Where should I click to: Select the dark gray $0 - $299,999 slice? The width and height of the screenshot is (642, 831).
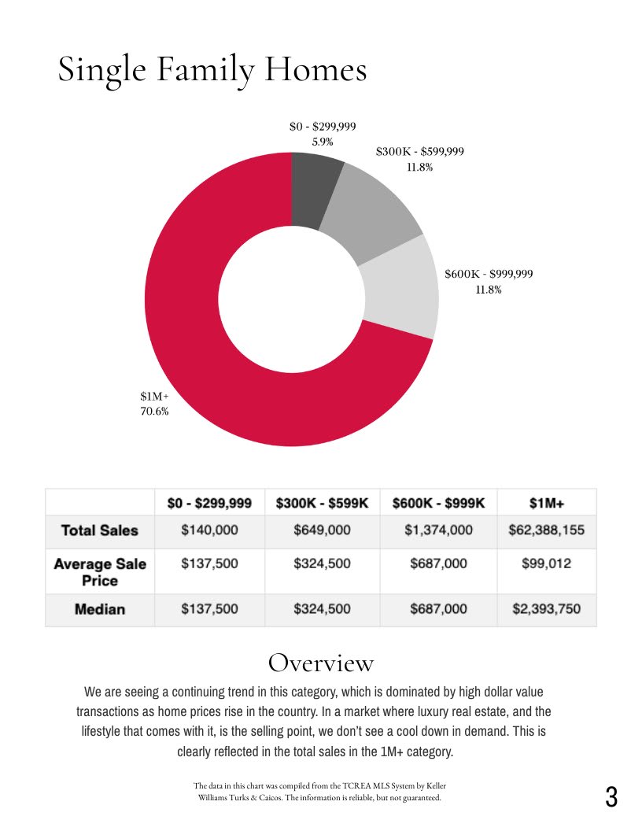[314, 189]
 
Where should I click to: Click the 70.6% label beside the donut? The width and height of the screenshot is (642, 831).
[154, 411]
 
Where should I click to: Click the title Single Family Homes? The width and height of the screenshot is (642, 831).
[212, 70]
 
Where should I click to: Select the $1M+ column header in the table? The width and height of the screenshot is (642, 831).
[547, 503]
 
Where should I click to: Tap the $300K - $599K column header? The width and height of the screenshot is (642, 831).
[322, 503]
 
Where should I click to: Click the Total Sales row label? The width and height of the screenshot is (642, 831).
[100, 530]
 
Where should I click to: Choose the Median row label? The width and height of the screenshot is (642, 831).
[100, 609]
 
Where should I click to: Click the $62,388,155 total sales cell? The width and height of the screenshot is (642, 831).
[547, 530]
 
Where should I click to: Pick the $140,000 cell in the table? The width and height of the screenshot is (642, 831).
[209, 530]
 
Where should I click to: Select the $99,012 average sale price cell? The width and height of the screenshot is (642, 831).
[547, 564]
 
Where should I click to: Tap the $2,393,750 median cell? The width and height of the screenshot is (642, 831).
[547, 609]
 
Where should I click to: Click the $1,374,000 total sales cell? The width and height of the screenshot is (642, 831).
[438, 530]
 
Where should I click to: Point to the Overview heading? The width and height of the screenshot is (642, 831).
[321, 663]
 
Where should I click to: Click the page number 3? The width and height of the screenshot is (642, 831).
[611, 797]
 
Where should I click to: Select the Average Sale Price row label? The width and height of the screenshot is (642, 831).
[100, 572]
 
